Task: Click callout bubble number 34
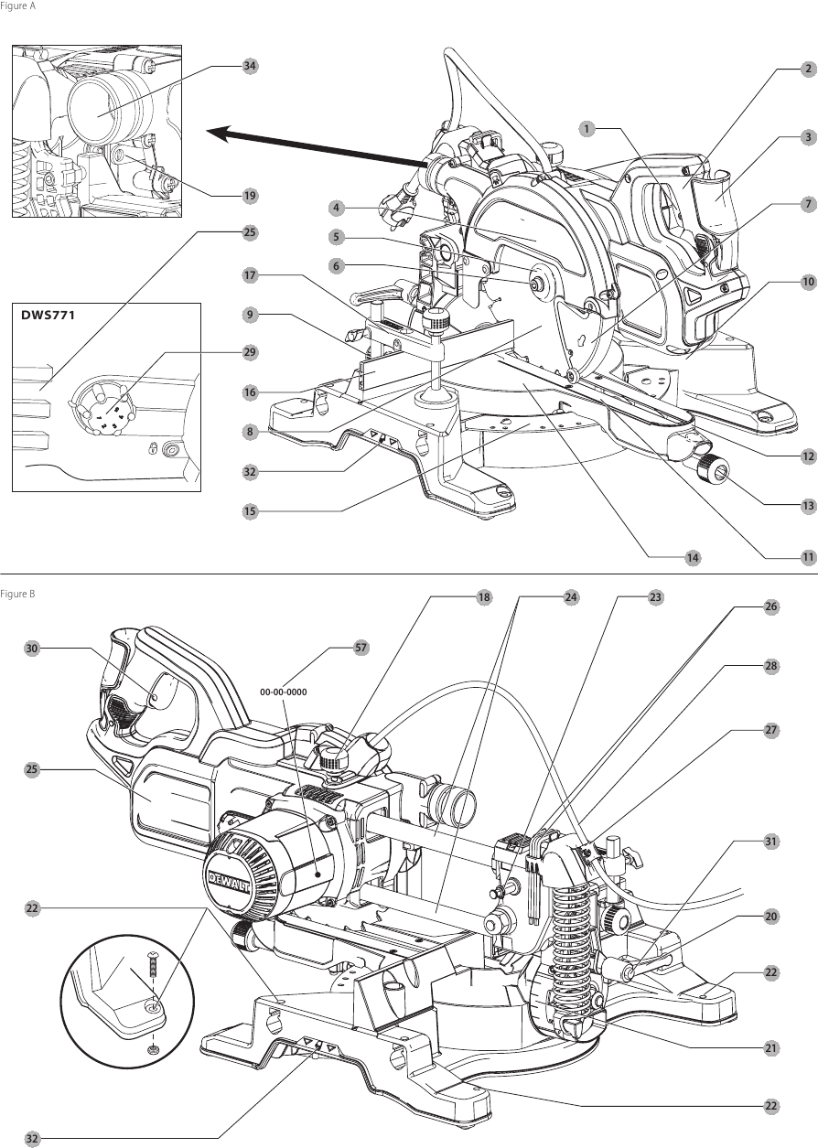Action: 250,66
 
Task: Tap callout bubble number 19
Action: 250,196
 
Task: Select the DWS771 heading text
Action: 48,314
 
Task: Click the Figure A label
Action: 17,5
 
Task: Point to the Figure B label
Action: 17,594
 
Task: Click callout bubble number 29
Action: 250,352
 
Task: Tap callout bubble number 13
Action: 808,506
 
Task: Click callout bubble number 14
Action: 693,557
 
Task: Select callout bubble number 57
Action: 361,648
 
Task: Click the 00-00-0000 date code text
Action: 283,692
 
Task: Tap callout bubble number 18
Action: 484,597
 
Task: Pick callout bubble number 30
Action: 32,648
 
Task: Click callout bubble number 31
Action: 771,841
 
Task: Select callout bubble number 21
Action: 771,1048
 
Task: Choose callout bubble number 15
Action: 250,511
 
